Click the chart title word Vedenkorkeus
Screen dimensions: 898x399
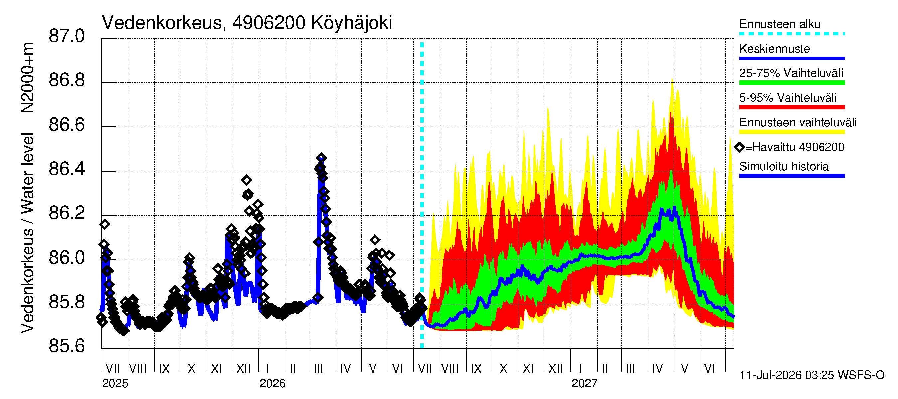[x=162, y=23]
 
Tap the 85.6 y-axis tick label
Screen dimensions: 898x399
[x=67, y=346]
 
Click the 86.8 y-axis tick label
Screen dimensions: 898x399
[x=67, y=80]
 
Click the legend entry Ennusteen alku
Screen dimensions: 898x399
[x=780, y=24]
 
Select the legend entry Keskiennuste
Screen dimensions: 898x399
[x=774, y=49]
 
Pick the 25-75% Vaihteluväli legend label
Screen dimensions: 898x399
[x=791, y=73]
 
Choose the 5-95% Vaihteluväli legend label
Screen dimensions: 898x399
[x=788, y=98]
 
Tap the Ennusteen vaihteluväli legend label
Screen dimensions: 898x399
[x=798, y=123]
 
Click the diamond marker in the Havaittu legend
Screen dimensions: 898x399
[x=739, y=147]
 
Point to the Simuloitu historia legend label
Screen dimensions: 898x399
[x=784, y=167]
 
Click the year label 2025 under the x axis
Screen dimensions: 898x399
[x=115, y=384]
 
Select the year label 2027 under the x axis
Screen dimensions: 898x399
[x=585, y=384]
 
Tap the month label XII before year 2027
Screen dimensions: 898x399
[x=556, y=369]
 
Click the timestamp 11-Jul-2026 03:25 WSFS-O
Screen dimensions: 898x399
[x=812, y=375]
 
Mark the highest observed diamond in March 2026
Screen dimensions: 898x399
[x=321, y=158]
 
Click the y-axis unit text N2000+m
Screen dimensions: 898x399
[x=27, y=78]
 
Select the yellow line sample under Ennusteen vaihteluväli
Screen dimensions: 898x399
[x=792, y=132]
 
